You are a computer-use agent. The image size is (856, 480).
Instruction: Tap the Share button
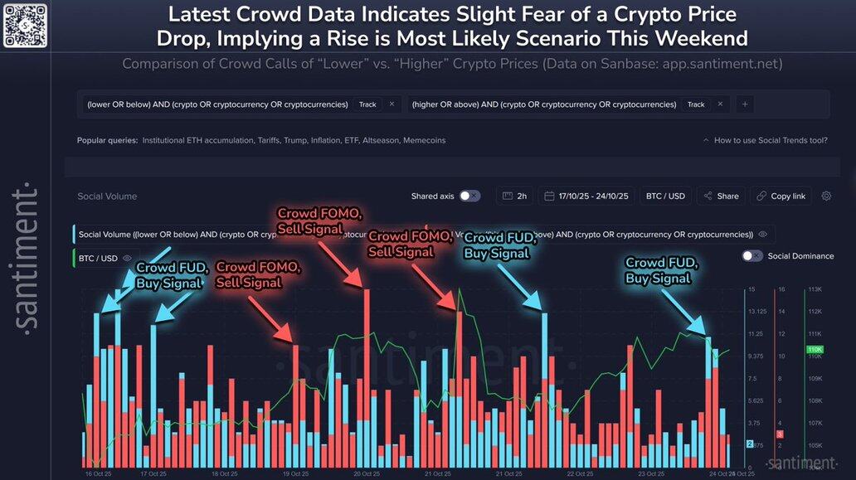coord(720,196)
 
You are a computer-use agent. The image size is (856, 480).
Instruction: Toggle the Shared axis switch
coord(469,196)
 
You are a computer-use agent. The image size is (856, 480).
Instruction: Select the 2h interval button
coord(514,196)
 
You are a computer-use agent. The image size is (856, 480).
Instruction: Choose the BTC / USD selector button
coord(665,196)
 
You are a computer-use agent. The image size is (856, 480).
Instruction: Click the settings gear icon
coord(826,196)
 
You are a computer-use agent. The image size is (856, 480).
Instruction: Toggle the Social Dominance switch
coord(752,255)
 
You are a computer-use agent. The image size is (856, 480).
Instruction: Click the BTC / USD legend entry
coord(98,258)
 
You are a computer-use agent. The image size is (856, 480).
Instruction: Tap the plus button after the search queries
coord(745,104)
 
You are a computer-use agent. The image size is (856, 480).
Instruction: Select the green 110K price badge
coord(814,350)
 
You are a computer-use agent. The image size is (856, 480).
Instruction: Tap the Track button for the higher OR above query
coord(696,104)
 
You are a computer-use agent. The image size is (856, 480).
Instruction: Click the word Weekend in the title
coord(706,38)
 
